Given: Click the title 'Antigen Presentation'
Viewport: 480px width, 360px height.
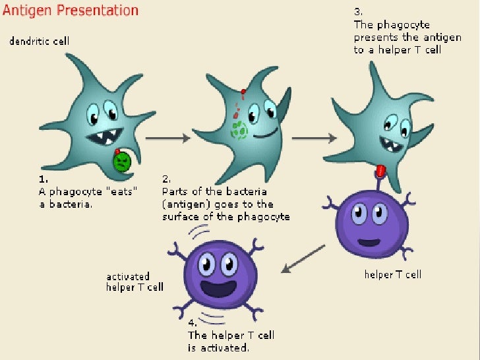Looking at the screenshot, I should click(x=71, y=11).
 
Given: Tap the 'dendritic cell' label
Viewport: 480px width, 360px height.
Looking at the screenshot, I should click(x=39, y=42).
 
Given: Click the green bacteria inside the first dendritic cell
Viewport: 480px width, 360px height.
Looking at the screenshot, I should click(x=121, y=162).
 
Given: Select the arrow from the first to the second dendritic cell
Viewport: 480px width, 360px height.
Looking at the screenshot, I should click(x=167, y=138).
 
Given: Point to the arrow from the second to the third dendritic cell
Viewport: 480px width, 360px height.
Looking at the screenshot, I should click(x=313, y=138).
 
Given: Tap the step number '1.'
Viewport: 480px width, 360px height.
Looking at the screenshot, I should click(x=44, y=178).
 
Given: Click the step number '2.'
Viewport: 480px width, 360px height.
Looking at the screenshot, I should click(x=166, y=178).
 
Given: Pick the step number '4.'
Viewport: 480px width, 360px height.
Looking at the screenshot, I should click(x=193, y=323).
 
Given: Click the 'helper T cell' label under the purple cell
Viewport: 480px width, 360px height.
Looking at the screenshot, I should click(x=392, y=274).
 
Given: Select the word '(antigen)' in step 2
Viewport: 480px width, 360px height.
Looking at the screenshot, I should click(x=185, y=204).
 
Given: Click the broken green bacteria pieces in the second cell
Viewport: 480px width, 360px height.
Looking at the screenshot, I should click(x=238, y=128).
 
